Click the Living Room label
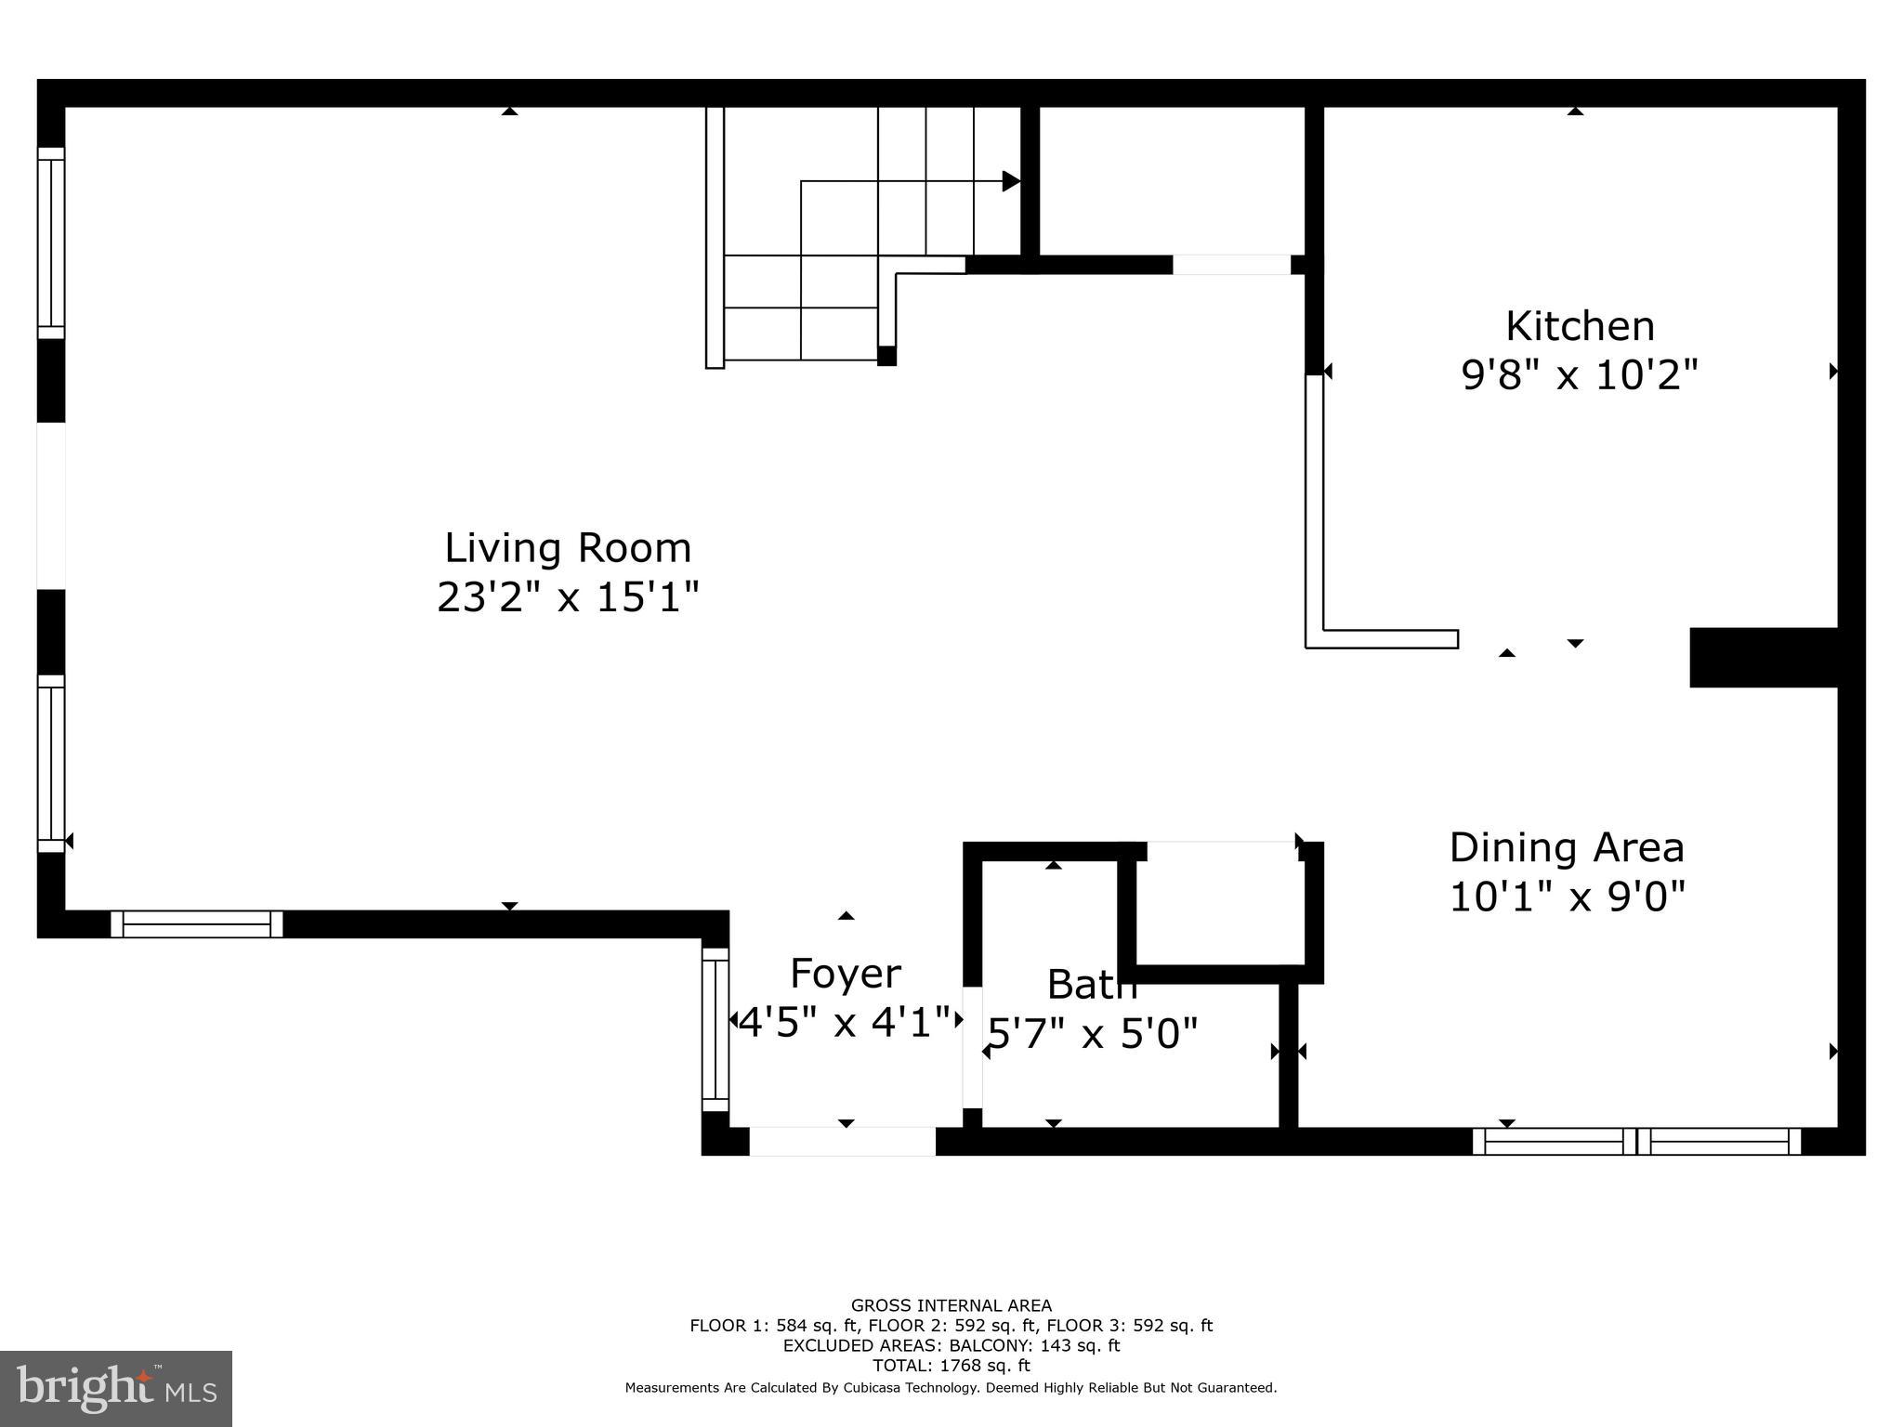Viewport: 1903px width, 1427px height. tap(568, 548)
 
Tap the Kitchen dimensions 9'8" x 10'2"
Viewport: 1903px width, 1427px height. tap(1580, 376)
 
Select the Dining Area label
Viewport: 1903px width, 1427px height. tap(1567, 847)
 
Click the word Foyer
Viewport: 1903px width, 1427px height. tap(845, 974)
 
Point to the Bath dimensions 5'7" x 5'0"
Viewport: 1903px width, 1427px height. tap(1093, 1033)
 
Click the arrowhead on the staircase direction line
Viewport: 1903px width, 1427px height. tap(1011, 181)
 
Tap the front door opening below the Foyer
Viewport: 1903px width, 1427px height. tap(842, 1141)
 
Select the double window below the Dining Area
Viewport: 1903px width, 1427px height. tap(1637, 1141)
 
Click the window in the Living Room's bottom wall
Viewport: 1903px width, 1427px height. tap(196, 924)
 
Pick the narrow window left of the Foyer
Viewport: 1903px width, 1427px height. tap(715, 1029)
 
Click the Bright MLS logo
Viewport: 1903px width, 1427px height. tap(116, 1388)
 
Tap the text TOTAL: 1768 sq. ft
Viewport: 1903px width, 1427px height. tap(951, 1366)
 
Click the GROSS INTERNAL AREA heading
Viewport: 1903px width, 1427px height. tap(951, 1305)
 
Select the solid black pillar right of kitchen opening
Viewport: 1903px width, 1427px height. tap(1763, 658)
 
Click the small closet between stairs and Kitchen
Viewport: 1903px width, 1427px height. tap(1172, 181)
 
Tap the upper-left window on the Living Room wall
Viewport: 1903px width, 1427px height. tap(51, 243)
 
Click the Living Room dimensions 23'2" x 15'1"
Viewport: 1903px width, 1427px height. tap(568, 597)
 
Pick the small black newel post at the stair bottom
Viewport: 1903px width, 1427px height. tap(886, 356)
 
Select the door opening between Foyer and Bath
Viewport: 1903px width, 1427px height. tap(972, 1047)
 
